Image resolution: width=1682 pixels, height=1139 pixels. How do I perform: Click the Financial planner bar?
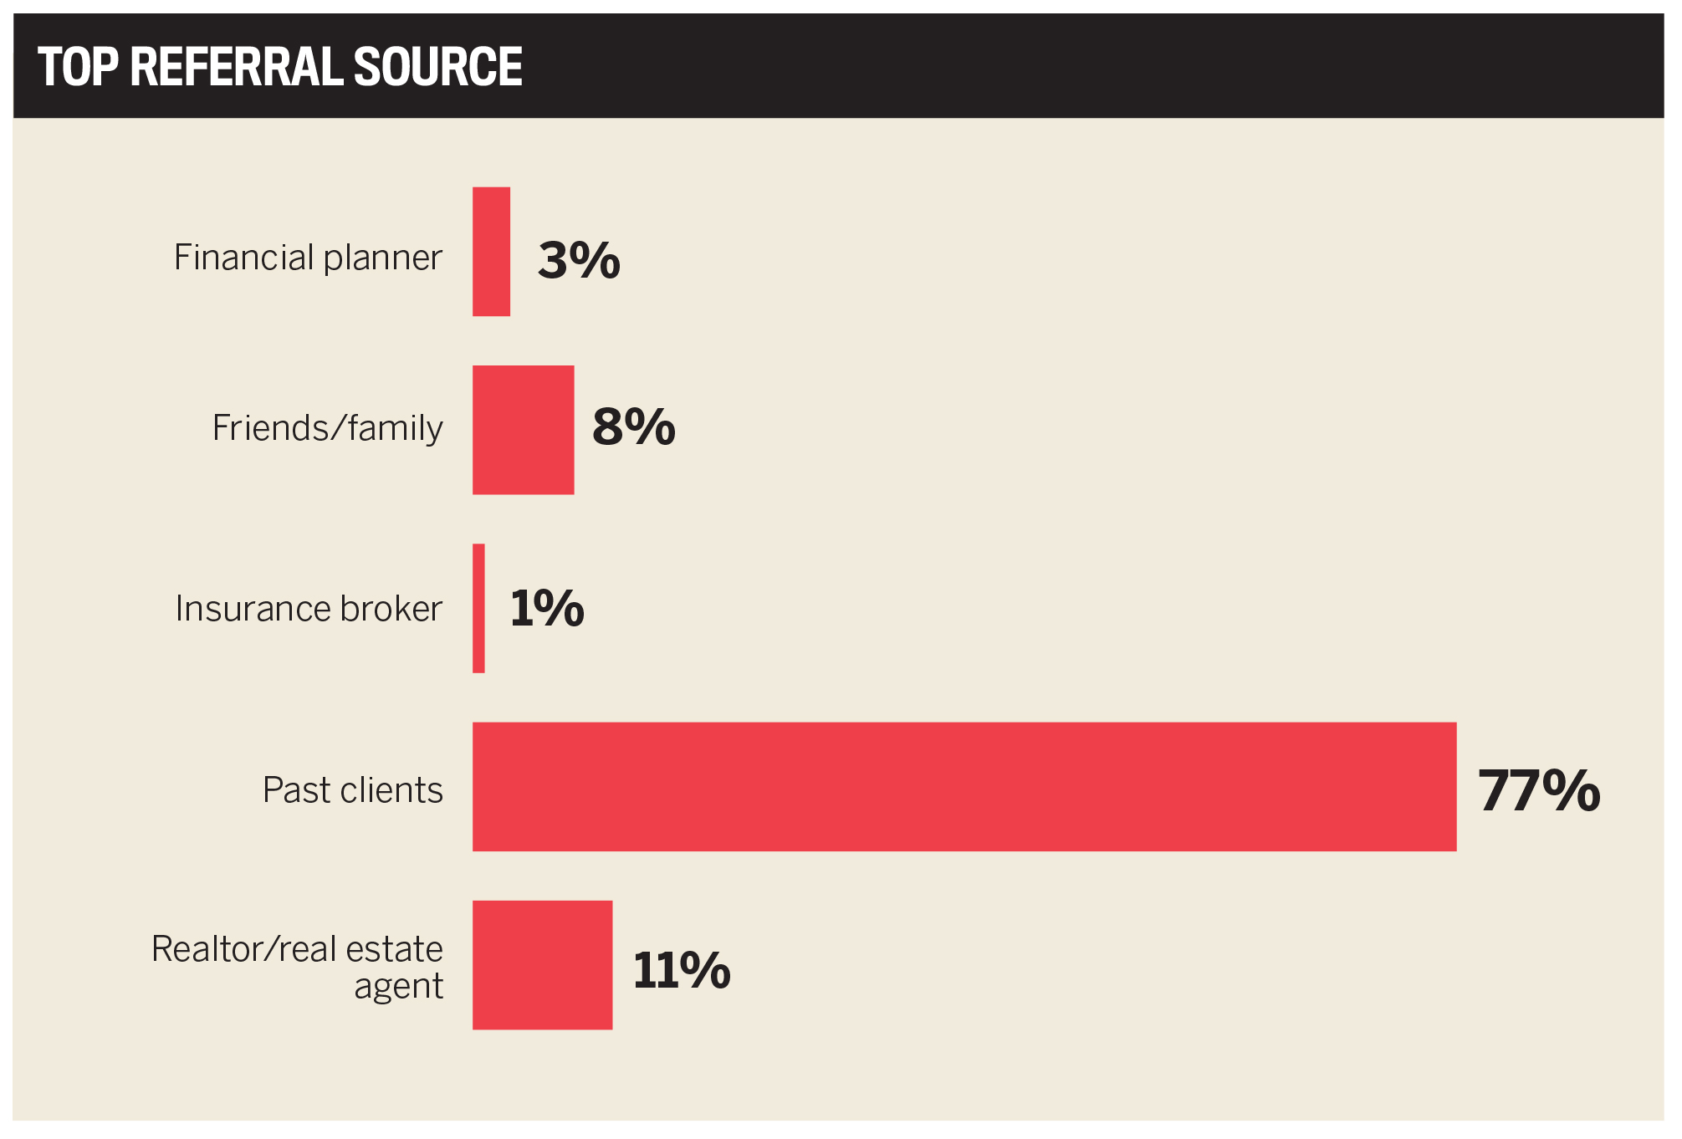(491, 252)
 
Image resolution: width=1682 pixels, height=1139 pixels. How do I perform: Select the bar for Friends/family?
(523, 430)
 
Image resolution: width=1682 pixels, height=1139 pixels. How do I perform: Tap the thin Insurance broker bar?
(478, 608)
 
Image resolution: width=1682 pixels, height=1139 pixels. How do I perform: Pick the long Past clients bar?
(964, 787)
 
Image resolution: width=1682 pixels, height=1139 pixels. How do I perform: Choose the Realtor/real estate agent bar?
(542, 965)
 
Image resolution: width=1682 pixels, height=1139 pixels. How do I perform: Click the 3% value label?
(579, 260)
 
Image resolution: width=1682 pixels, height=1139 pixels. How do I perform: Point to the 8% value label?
(633, 426)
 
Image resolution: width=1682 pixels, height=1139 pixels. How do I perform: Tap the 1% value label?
(547, 608)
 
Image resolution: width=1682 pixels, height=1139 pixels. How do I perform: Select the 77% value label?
(1538, 790)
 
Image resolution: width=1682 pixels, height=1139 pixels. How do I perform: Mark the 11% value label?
(681, 970)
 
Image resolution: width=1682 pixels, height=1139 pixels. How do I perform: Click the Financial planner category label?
(308, 258)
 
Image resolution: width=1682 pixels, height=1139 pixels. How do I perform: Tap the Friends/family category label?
(327, 428)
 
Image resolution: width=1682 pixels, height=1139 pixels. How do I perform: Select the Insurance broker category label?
(308, 609)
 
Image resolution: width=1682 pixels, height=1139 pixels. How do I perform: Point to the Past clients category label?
(352, 790)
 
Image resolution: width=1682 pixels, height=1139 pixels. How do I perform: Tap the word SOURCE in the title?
(437, 67)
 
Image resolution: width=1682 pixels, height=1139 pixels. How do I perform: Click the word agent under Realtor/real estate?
(398, 988)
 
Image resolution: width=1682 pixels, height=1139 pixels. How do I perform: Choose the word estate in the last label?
(394, 949)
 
